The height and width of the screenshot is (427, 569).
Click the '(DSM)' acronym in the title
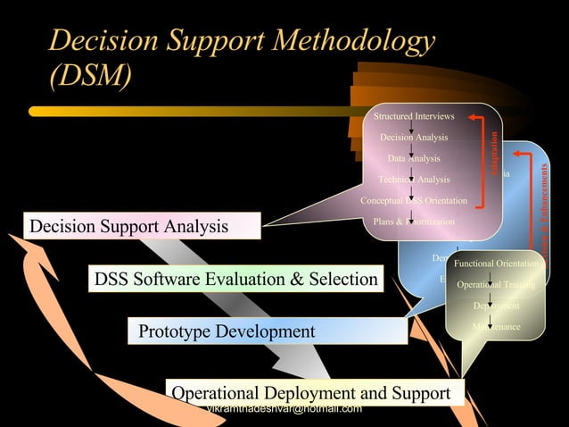pyautogui.click(x=91, y=77)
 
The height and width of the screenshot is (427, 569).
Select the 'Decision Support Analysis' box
pyautogui.click(x=143, y=226)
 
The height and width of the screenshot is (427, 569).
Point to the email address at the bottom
pyautogui.click(x=284, y=409)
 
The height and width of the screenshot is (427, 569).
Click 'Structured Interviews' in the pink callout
pyautogui.click(x=414, y=117)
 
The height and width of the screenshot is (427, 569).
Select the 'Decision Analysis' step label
pyautogui.click(x=414, y=138)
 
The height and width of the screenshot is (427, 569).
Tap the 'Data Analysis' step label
pyautogui.click(x=414, y=158)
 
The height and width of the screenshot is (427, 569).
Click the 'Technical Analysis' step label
pyautogui.click(x=414, y=180)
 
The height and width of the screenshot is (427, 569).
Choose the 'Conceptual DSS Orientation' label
pyautogui.click(x=414, y=201)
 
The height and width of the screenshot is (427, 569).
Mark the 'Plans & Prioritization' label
pyautogui.click(x=414, y=222)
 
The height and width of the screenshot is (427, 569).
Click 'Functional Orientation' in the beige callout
pyautogui.click(x=496, y=264)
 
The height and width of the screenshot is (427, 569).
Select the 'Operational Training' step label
pyautogui.click(x=496, y=285)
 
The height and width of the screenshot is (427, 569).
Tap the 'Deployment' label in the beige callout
pyautogui.click(x=496, y=306)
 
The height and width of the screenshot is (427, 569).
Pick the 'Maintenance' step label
pyautogui.click(x=496, y=327)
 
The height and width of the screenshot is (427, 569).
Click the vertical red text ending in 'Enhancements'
pyautogui.click(x=541, y=205)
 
